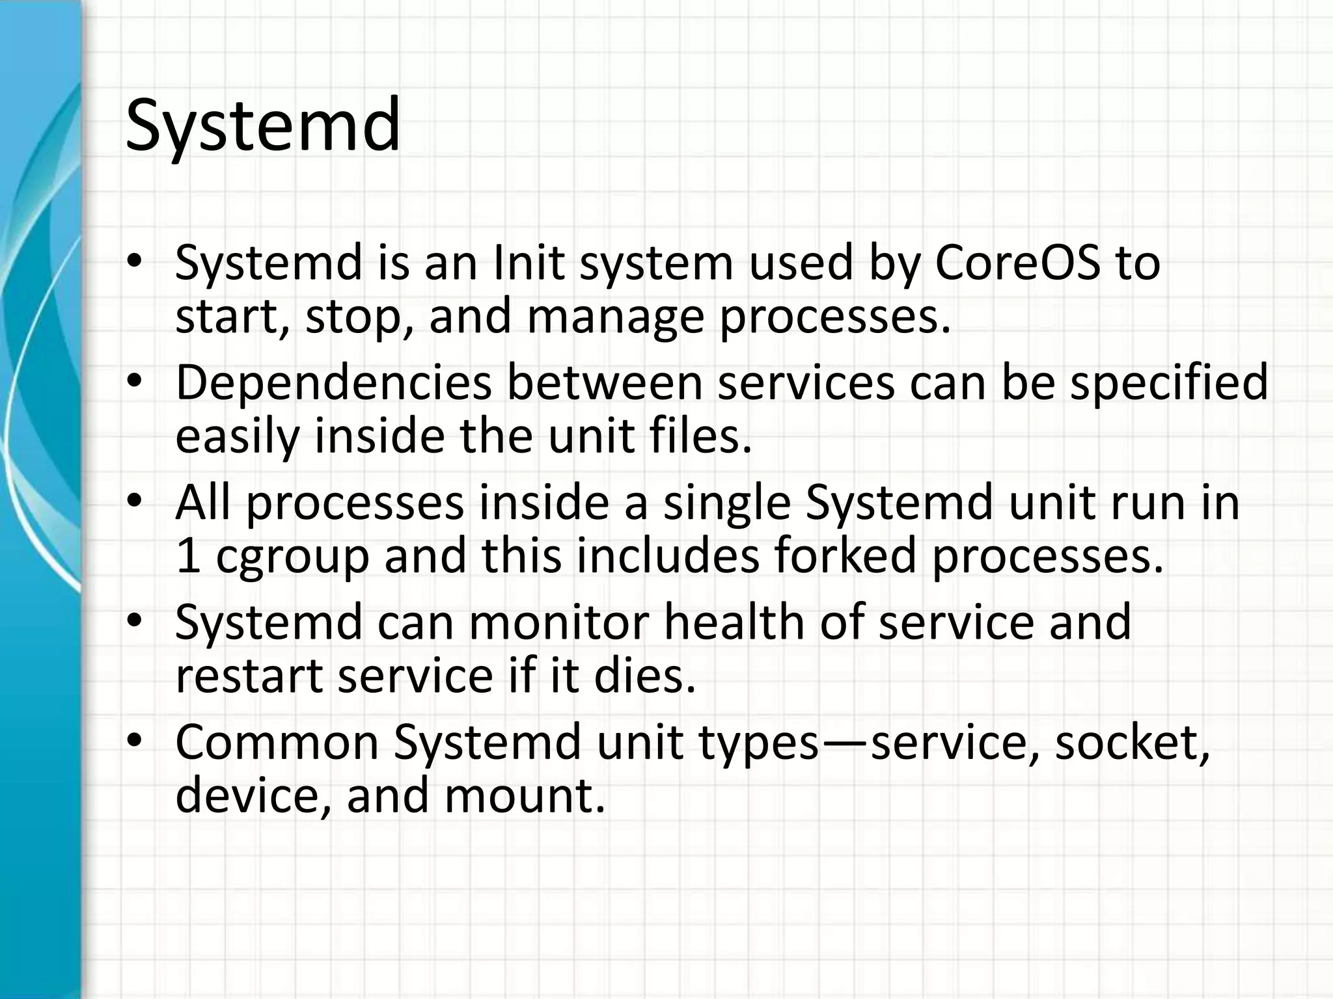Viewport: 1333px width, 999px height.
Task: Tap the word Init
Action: coord(528,263)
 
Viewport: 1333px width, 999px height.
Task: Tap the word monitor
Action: coord(558,622)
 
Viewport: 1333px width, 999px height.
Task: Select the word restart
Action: coord(249,676)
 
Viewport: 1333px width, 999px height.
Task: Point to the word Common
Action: coord(277,742)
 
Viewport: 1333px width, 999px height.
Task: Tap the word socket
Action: coord(1132,742)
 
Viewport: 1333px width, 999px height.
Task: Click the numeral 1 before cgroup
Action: coord(187,557)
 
